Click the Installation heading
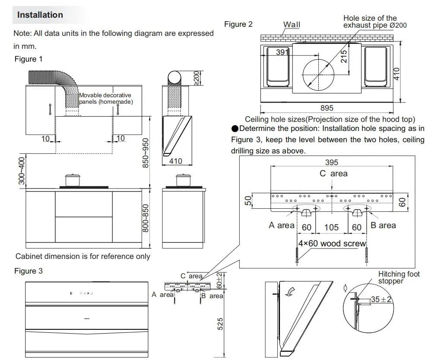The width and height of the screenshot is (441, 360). pyautogui.click(x=40, y=15)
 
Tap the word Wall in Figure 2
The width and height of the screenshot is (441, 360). pyautogui.click(x=292, y=25)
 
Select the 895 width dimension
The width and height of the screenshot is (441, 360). pyautogui.click(x=327, y=108)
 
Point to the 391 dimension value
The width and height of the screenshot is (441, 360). pyautogui.click(x=282, y=52)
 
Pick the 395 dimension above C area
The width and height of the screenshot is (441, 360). pyautogui.click(x=332, y=162)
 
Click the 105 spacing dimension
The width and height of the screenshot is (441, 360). pyautogui.click(x=332, y=227)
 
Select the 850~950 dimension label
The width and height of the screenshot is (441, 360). pyautogui.click(x=146, y=153)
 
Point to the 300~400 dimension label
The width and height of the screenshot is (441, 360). pyautogui.click(x=22, y=170)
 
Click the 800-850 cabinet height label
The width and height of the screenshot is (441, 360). pyautogui.click(x=146, y=219)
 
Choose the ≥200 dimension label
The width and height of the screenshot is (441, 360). pyautogui.click(x=197, y=78)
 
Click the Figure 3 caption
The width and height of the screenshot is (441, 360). pyautogui.click(x=29, y=271)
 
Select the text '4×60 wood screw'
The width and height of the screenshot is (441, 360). pyautogui.click(x=332, y=243)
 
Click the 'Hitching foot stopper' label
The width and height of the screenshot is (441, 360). pyautogui.click(x=399, y=277)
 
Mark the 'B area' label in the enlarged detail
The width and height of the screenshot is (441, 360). pyautogui.click(x=383, y=225)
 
